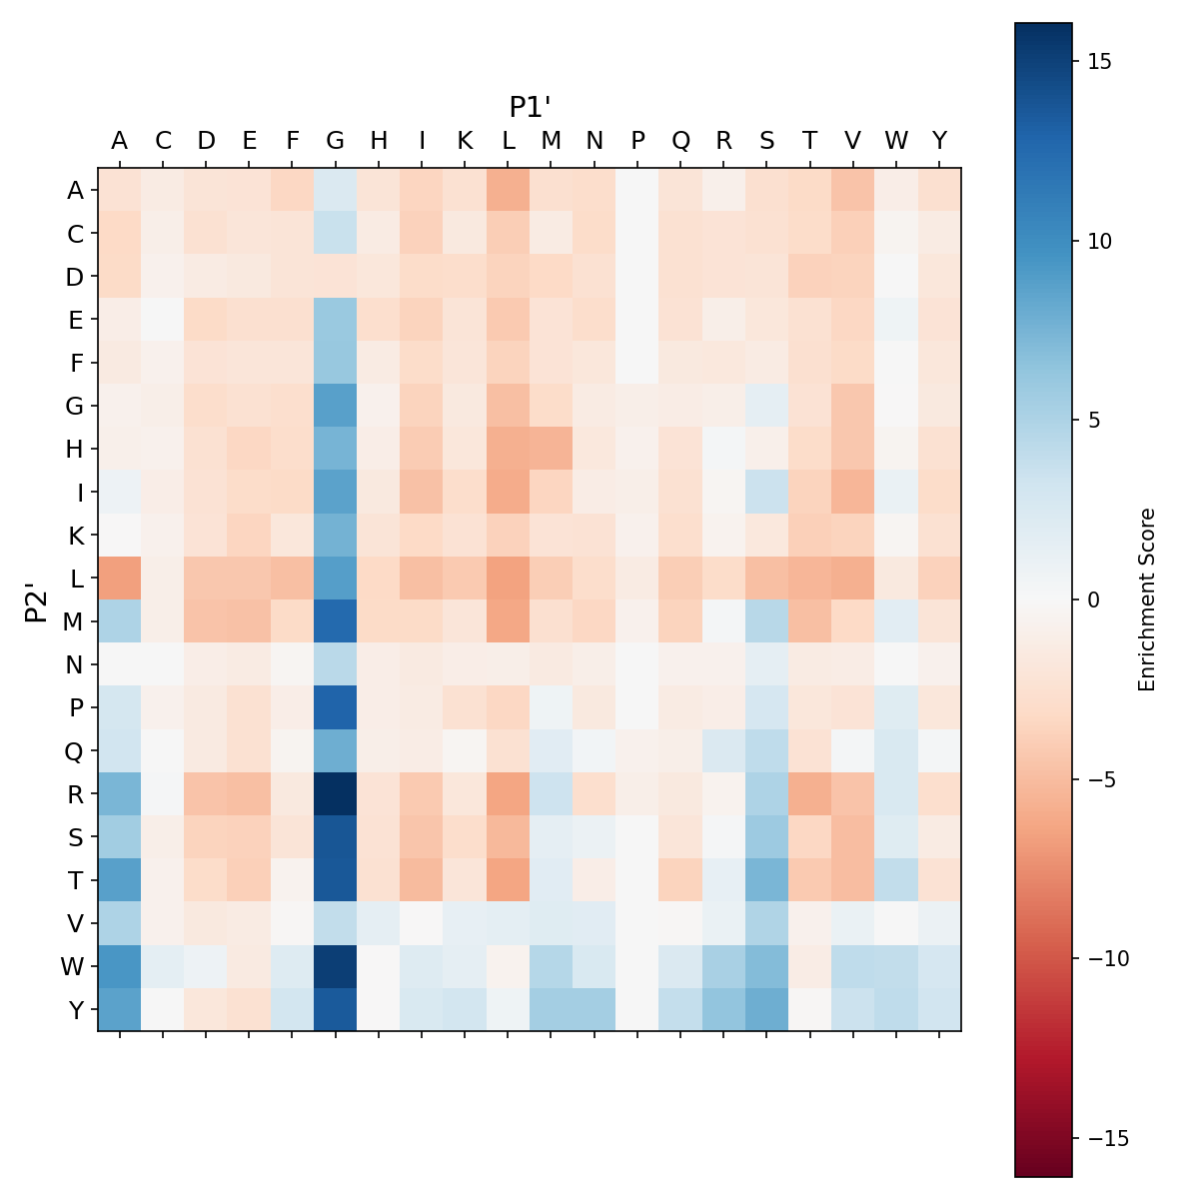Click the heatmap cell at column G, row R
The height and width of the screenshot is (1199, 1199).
point(336,793)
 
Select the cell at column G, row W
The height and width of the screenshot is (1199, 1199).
point(336,966)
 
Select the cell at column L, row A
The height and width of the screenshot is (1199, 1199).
point(509,190)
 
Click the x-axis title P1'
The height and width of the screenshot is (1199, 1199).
point(531,107)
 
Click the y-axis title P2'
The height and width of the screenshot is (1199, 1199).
point(37,599)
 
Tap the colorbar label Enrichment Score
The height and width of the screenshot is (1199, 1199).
point(1147,599)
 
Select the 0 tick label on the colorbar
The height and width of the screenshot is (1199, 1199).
point(1092,599)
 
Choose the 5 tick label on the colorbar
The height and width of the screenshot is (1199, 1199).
point(1092,420)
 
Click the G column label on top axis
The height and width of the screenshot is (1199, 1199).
point(336,141)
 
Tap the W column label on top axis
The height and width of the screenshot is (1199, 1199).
point(896,141)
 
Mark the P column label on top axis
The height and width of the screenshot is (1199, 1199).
point(637,141)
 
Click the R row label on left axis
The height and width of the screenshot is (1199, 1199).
point(75,793)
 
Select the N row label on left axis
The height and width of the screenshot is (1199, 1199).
point(75,664)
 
